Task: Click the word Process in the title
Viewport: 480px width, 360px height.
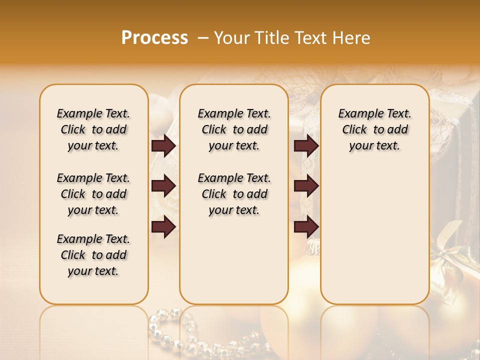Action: coord(154,38)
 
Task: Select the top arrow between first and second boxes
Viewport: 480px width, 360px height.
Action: coord(163,145)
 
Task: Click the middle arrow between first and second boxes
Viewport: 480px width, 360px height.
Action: coord(163,186)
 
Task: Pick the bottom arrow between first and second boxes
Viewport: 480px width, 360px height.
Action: coord(163,226)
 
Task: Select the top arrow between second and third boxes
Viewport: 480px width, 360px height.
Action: coord(306,145)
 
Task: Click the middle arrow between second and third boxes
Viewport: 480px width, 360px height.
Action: coord(306,186)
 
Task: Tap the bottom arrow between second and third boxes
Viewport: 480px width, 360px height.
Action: coord(306,226)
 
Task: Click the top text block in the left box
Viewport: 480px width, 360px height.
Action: coord(93,129)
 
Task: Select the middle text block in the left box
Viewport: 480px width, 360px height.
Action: coord(93,194)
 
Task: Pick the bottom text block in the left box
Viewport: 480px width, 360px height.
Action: coord(93,255)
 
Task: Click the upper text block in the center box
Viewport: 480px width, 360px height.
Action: coord(234,129)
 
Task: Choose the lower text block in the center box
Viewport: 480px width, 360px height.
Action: coord(234,194)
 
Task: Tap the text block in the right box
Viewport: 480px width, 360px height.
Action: coord(374,129)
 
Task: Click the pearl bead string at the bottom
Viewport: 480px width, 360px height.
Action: coord(200,335)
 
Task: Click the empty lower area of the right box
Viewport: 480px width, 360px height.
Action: coord(374,240)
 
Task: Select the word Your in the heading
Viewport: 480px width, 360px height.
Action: coord(233,38)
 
